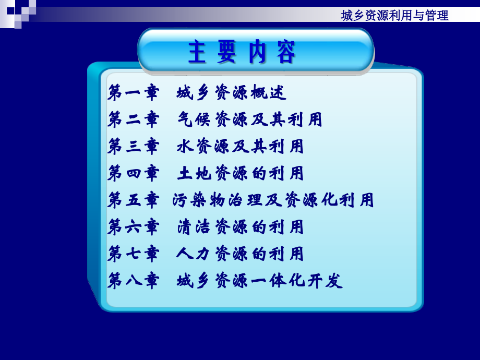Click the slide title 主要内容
(x=242, y=52)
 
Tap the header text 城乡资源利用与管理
(x=394, y=16)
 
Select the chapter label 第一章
(x=133, y=93)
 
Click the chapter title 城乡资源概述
(x=232, y=93)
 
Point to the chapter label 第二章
(x=133, y=120)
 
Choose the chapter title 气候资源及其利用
(x=249, y=120)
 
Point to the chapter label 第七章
(x=133, y=254)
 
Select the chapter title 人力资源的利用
(x=240, y=254)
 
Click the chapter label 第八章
(x=133, y=281)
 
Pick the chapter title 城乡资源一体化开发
(x=259, y=281)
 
